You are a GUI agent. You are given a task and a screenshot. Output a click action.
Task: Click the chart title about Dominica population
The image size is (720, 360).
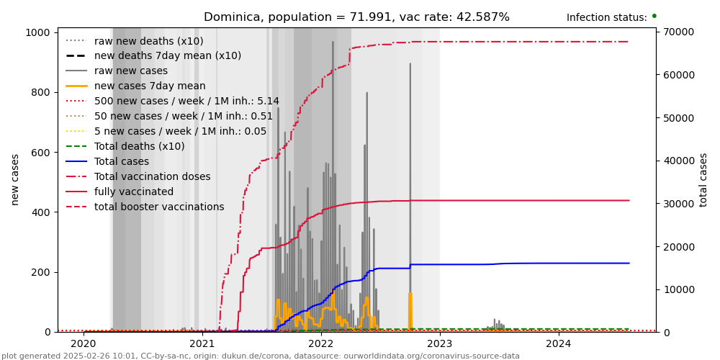click(x=356, y=17)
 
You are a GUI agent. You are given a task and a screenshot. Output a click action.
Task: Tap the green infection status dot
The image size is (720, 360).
click(x=654, y=16)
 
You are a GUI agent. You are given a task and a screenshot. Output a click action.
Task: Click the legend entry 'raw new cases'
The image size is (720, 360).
click(x=130, y=71)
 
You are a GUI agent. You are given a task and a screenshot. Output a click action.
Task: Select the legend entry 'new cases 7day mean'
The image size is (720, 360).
click(x=150, y=86)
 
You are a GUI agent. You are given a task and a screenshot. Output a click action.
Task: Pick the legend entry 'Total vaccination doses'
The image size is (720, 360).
click(x=152, y=176)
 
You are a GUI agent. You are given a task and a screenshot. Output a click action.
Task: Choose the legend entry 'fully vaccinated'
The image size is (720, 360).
click(x=134, y=192)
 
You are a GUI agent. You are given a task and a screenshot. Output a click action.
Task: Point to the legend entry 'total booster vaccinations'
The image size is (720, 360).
click(x=159, y=207)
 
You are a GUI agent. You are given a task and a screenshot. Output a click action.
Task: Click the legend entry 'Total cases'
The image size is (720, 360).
click(x=122, y=161)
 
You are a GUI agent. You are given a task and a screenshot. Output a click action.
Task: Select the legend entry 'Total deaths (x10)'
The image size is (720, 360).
click(x=139, y=146)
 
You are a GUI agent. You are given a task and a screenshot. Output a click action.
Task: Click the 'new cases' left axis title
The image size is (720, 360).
click(x=15, y=179)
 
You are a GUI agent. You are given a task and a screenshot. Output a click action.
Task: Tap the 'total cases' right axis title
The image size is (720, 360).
click(x=703, y=179)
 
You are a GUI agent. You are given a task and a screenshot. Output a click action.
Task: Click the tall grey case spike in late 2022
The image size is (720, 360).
click(x=410, y=144)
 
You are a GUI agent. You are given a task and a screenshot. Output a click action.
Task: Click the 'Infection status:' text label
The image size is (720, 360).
click(x=606, y=18)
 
